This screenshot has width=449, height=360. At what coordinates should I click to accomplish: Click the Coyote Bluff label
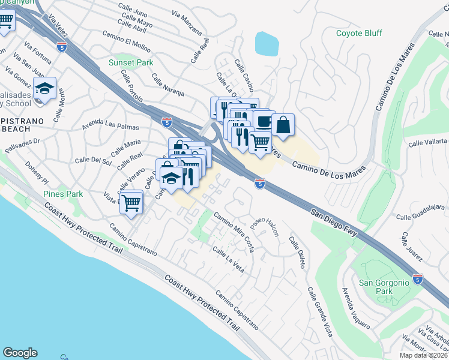tap(359, 33)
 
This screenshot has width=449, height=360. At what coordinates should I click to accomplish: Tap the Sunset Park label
tap(130, 62)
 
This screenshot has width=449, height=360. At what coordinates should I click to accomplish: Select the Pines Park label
tap(63, 194)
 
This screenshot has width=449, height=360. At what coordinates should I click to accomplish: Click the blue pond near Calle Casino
tap(267, 44)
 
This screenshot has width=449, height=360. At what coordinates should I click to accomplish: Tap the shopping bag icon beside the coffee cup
tap(283, 125)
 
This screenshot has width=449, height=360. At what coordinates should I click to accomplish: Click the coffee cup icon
tap(263, 121)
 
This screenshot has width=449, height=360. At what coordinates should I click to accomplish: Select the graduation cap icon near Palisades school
tap(44, 88)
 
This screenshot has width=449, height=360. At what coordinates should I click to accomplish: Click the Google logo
tap(20, 352)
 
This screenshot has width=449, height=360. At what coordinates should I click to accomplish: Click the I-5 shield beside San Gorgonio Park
tap(418, 278)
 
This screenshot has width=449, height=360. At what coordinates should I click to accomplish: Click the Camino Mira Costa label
tap(233, 227)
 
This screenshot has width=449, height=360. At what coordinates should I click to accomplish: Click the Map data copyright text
tap(423, 355)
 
